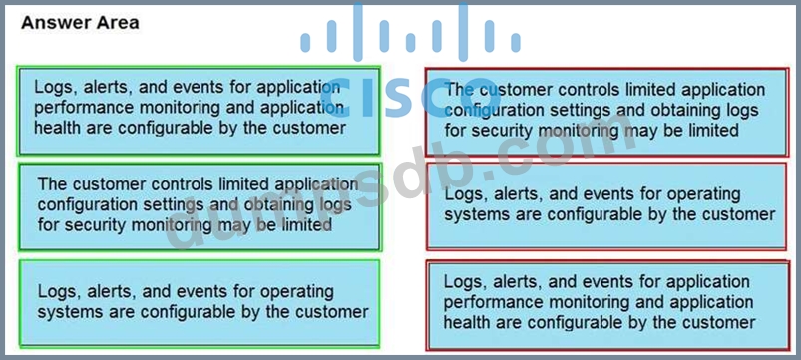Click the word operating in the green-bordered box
(x=297, y=292)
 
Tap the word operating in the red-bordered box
(x=703, y=194)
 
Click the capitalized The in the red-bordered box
(x=459, y=90)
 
